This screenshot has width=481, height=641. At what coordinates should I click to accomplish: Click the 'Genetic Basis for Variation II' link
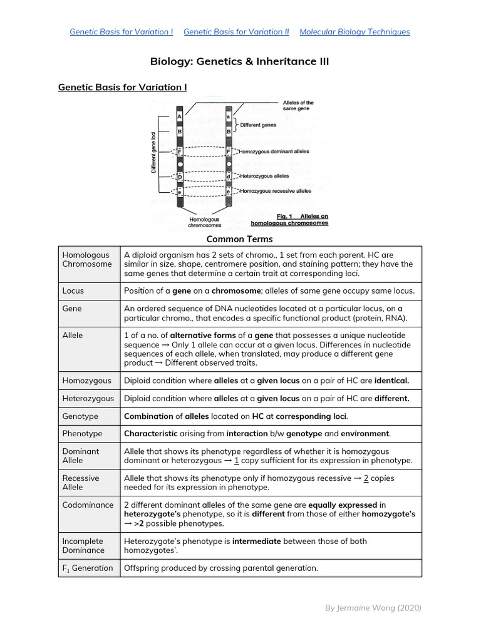(236, 32)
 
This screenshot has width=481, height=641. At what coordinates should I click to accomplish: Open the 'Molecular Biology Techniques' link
(354, 32)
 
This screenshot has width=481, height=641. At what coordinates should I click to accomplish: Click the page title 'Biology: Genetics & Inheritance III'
(239, 61)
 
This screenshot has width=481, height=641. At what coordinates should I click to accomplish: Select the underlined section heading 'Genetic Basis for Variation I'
(122, 87)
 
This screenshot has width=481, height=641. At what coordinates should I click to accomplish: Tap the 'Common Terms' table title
(240, 239)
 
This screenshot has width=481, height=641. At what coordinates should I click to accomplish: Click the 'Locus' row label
(73, 291)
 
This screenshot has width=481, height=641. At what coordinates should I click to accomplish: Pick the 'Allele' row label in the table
(73, 336)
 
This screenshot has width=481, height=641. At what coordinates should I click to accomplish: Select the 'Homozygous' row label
(86, 381)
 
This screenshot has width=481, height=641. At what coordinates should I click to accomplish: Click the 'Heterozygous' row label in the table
(88, 398)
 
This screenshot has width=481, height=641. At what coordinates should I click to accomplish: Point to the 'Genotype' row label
(80, 416)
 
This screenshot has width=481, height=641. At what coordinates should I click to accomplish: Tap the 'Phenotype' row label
(82, 434)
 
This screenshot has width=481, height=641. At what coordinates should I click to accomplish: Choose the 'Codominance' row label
(88, 505)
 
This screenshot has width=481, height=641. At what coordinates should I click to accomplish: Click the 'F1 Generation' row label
(88, 568)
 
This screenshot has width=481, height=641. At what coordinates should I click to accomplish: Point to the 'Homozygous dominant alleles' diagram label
(271, 151)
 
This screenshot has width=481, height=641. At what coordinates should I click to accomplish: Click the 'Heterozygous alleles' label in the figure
(264, 177)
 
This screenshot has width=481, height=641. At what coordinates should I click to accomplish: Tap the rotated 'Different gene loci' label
(154, 152)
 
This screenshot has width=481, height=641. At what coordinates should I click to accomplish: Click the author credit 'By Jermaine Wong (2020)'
(373, 608)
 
